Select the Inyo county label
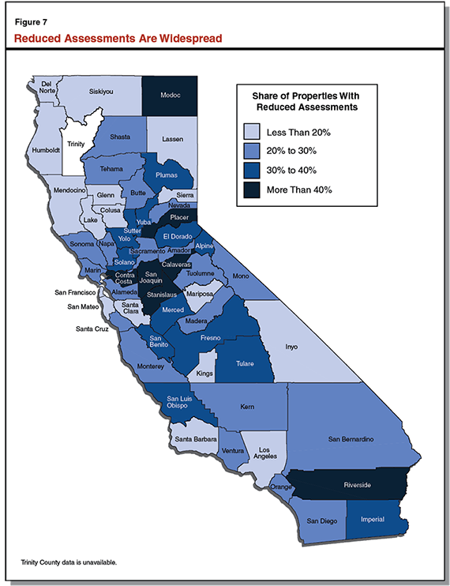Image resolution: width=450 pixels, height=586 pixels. click(x=291, y=344)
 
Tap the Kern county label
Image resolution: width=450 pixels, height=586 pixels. click(x=247, y=408)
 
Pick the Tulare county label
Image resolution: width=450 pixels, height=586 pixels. click(x=249, y=364)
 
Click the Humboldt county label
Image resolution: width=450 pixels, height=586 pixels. click(x=46, y=150)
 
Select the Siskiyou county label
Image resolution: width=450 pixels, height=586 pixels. click(x=101, y=92)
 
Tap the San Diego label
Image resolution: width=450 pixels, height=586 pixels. click(x=321, y=521)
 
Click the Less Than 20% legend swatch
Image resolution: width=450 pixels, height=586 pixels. click(x=252, y=131)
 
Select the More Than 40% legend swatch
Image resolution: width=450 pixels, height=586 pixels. click(x=252, y=190)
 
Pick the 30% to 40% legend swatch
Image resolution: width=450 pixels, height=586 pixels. click(x=252, y=170)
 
